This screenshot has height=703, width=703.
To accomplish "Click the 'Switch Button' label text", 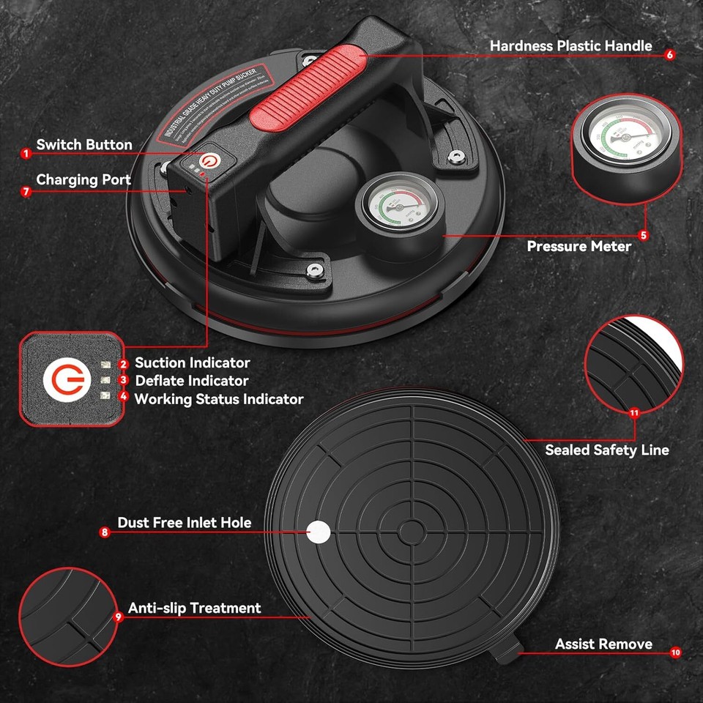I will pos(84,145).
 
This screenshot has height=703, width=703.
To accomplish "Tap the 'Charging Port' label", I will pos(83,179).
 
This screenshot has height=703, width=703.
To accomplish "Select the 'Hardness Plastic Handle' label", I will pos(570,45).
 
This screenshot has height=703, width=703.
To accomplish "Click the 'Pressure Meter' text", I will pos(579,246).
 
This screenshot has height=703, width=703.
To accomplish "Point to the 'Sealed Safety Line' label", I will pos(606,450).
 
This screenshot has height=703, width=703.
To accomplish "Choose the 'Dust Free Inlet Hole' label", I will pos(184,522).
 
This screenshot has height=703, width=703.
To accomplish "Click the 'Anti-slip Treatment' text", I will pos(194,608).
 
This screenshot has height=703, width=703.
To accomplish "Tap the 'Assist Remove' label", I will pos(603,644).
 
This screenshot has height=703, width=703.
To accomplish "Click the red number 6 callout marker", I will pos(669,54).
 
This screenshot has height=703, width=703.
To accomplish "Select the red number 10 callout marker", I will pos(674,651).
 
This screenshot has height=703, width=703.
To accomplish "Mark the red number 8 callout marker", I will pos(105,533).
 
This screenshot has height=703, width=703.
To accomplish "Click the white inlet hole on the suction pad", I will pos(318,532).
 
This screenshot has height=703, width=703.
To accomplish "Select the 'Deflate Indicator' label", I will pos(191,381).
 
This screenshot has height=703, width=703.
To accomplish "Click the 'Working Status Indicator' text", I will pos(218,399).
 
